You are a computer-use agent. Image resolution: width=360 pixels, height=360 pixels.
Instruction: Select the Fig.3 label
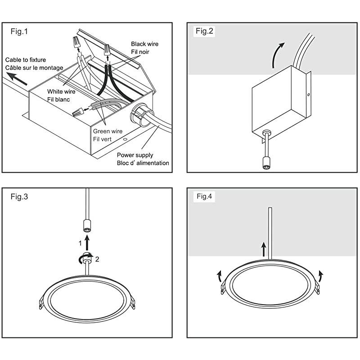(x=20, y=197)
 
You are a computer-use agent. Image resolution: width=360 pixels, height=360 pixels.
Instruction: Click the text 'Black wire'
(x=144, y=44)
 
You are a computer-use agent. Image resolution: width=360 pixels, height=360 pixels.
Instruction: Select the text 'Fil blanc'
(x=59, y=99)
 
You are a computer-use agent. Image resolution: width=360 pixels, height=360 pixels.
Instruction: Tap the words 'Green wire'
(x=107, y=131)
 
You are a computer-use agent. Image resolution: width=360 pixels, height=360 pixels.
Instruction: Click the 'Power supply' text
(x=135, y=155)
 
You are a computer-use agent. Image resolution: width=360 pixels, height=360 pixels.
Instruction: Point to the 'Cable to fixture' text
(x=26, y=59)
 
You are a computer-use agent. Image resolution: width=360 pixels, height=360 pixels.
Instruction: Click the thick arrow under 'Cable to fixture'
(x=17, y=78)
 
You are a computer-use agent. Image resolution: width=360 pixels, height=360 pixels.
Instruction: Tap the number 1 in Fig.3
(x=80, y=243)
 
